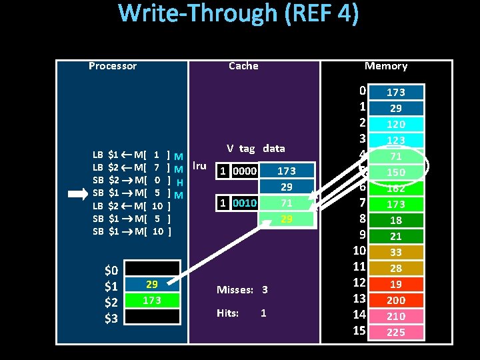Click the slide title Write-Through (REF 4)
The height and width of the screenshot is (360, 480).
click(239, 15)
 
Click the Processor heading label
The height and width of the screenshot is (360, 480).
click(112, 66)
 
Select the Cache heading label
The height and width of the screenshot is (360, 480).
click(243, 66)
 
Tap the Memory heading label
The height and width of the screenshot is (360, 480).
click(385, 66)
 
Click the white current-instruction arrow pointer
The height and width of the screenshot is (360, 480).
click(79, 194)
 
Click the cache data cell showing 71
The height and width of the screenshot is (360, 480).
click(286, 203)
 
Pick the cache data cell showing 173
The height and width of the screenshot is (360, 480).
click(286, 171)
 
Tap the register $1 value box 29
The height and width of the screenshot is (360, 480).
click(152, 285)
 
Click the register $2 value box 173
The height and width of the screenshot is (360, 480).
click(152, 301)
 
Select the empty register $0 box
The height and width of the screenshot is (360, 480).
click(152, 269)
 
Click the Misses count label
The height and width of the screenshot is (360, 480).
click(242, 290)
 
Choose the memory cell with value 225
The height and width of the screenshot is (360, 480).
click(395, 332)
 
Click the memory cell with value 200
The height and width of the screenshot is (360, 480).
click(395, 300)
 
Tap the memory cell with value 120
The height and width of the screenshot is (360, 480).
click(395, 124)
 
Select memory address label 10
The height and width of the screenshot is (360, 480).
click(359, 251)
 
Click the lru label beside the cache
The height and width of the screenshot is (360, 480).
click(199, 165)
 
